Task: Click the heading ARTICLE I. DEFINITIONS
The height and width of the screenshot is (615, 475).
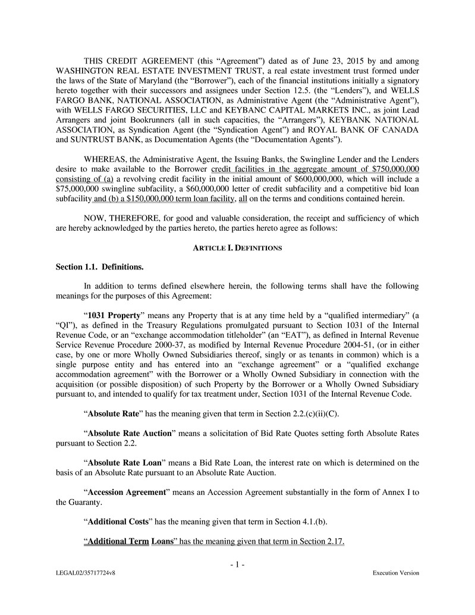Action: pos(237,247)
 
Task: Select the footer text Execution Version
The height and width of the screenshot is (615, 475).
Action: pos(395,573)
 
